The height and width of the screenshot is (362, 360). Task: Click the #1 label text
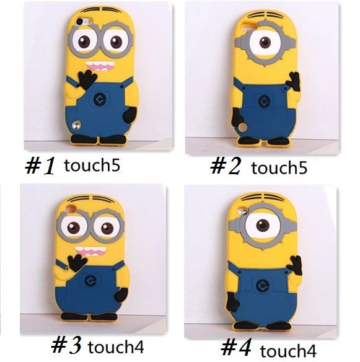[41, 166]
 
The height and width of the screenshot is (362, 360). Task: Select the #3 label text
[66, 346]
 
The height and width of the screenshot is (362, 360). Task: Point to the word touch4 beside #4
[288, 351]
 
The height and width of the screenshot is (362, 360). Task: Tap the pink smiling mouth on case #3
[90, 251]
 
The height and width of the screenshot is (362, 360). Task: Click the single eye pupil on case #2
[265, 43]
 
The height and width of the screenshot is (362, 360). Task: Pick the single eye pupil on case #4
[263, 225]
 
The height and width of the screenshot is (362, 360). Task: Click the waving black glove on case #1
[87, 79]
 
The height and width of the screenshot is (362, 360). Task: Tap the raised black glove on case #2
[293, 82]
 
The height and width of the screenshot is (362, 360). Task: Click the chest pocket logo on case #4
[261, 286]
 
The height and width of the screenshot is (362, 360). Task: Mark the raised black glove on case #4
[295, 265]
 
